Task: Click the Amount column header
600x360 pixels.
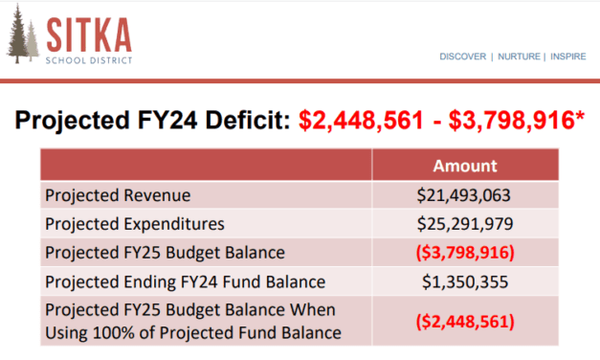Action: pyautogui.click(x=465, y=165)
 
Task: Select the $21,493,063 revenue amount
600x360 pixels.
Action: pyautogui.click(x=465, y=195)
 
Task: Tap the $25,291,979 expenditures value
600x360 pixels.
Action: pyautogui.click(x=465, y=224)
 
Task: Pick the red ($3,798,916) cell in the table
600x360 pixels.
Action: pyautogui.click(x=465, y=253)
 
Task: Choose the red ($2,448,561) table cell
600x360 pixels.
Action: pyautogui.click(x=465, y=321)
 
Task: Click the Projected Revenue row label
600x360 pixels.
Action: pyautogui.click(x=118, y=195)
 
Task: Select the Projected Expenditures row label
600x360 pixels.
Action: pyautogui.click(x=134, y=224)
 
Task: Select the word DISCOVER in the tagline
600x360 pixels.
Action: pyautogui.click(x=462, y=56)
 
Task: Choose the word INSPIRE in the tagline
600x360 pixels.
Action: pyautogui.click(x=567, y=56)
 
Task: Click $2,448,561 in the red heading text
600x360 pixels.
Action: pyautogui.click(x=359, y=121)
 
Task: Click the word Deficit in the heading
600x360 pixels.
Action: pyautogui.click(x=247, y=121)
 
